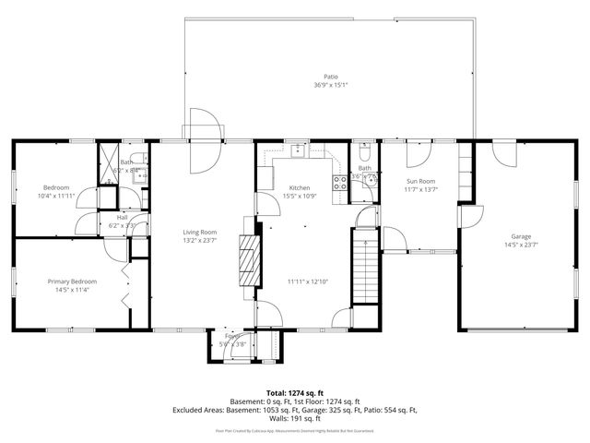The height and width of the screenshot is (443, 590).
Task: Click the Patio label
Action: (x=330, y=77)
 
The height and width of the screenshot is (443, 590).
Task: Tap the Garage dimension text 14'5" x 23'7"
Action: (x=521, y=245)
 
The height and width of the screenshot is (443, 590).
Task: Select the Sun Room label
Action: (x=420, y=182)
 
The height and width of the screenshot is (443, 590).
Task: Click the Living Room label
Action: (x=199, y=232)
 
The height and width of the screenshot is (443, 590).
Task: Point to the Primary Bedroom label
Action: (x=73, y=281)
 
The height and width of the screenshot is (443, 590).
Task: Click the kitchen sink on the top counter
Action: (x=300, y=150)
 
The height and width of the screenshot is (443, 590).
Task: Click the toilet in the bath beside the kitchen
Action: (x=366, y=149)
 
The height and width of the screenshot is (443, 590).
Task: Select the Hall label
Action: (x=122, y=218)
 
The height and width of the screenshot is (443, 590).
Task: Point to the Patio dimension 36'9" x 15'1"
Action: (x=329, y=86)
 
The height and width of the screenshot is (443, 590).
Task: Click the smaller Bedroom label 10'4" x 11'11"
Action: (x=56, y=191)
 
